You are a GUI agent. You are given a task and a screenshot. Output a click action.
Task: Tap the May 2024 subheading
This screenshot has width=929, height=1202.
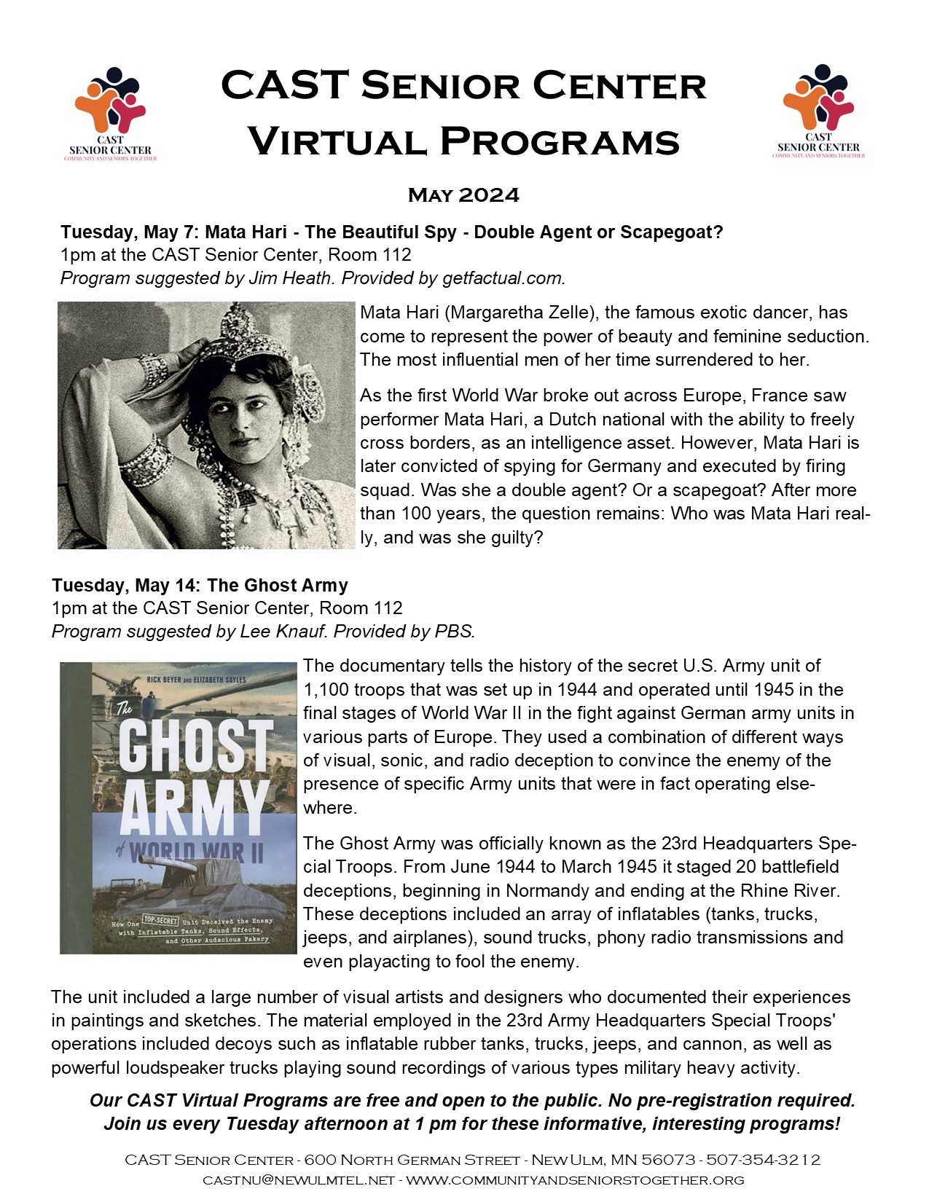coord(463,195)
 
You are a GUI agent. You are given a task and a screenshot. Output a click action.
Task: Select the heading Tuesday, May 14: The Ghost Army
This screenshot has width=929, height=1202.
coord(200,585)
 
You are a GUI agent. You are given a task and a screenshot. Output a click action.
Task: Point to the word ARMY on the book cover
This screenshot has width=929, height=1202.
coord(195,808)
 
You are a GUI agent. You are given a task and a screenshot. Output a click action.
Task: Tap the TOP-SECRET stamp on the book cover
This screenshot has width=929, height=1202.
coord(160,921)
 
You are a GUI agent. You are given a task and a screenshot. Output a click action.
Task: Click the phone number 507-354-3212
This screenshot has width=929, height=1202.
coord(763,1159)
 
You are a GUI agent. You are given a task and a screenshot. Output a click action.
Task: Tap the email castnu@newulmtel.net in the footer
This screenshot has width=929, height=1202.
coord(299,1179)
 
